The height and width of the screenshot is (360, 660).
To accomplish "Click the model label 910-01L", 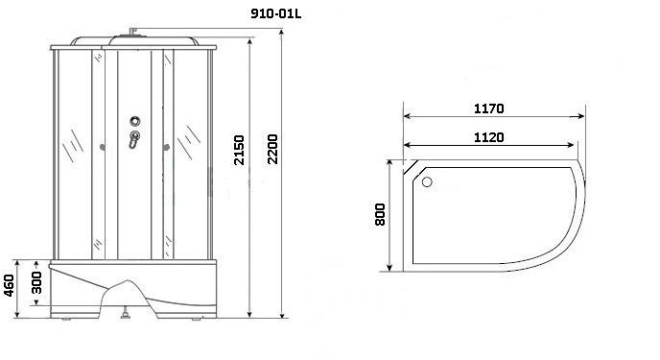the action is (275, 13).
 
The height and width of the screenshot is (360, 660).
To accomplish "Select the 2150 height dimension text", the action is (239, 150).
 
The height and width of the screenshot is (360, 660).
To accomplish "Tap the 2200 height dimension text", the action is (272, 149).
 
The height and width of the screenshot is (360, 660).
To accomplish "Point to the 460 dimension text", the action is (9, 285).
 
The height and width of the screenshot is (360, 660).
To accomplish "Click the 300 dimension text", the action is (37, 282).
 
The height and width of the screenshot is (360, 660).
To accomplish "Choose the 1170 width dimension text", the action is (488, 108).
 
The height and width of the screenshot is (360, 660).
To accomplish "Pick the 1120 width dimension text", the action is (488, 137).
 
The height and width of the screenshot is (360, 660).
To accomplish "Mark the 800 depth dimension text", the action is (380, 214).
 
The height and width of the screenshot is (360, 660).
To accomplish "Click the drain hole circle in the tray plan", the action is (427, 181).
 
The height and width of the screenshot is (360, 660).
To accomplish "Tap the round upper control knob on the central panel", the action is (134, 121).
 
